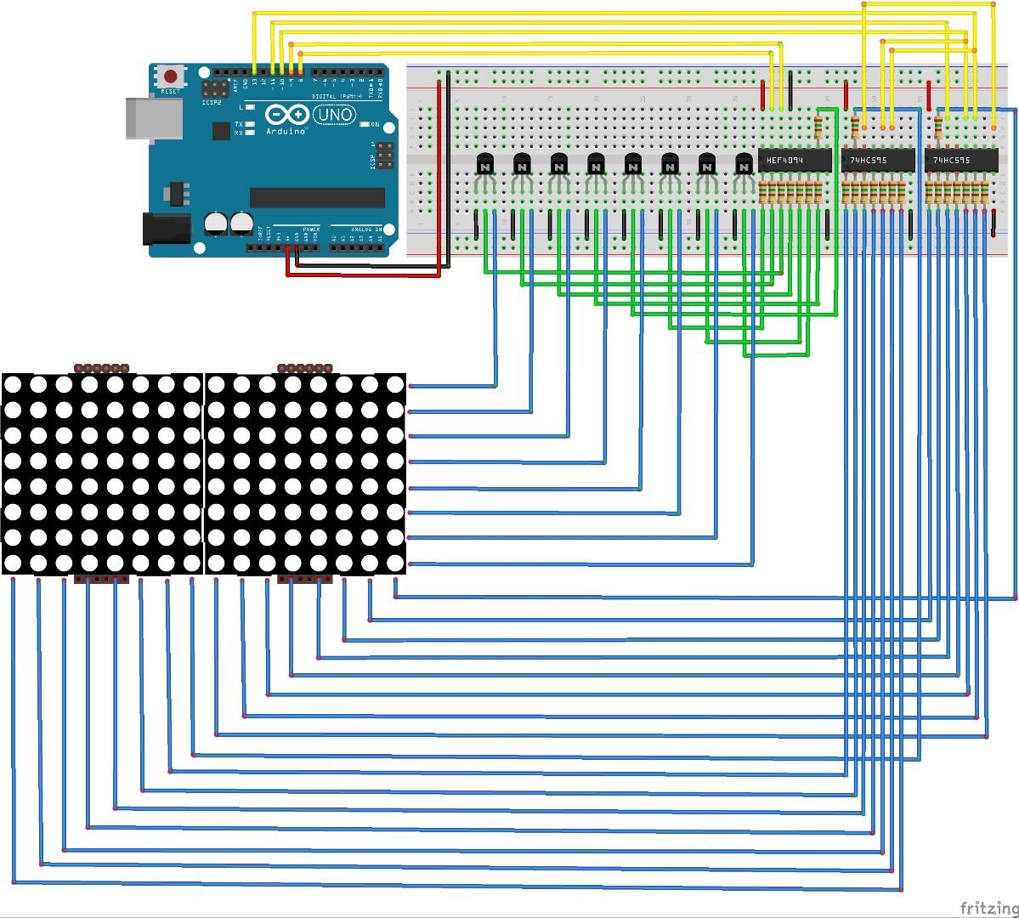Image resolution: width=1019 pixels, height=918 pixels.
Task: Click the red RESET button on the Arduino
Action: click(173, 76)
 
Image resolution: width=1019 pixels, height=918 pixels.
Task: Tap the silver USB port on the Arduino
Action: click(153, 117)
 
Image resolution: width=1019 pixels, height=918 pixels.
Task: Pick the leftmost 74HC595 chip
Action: click(877, 160)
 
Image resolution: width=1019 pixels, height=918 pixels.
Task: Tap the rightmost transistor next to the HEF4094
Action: click(744, 164)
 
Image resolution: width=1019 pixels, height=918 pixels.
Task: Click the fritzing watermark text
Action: click(986, 907)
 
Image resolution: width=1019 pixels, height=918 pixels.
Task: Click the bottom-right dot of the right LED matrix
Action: click(394, 564)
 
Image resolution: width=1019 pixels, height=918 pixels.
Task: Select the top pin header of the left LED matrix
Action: click(101, 369)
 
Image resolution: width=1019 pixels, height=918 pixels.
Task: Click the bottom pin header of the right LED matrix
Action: click(305, 580)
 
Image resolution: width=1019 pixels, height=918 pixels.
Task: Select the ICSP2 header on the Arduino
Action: click(216, 88)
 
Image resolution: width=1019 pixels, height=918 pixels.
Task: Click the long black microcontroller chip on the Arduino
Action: click(317, 197)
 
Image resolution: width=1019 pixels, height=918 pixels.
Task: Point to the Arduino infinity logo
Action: click(285, 115)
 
